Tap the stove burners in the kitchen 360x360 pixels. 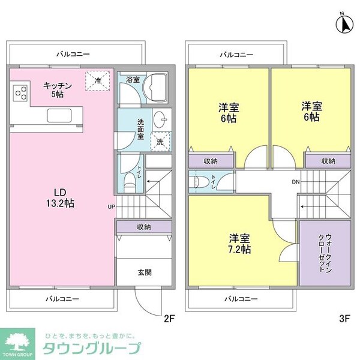pyautogui.click(x=20, y=93)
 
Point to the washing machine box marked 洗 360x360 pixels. pyautogui.click(x=160, y=142)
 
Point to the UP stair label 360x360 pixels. pyautogui.click(x=111, y=207)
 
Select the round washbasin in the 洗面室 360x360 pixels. pyautogui.click(x=160, y=119)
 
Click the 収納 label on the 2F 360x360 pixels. pyautogui.click(x=143, y=227)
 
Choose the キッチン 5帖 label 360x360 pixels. pyautogui.click(x=58, y=89)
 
